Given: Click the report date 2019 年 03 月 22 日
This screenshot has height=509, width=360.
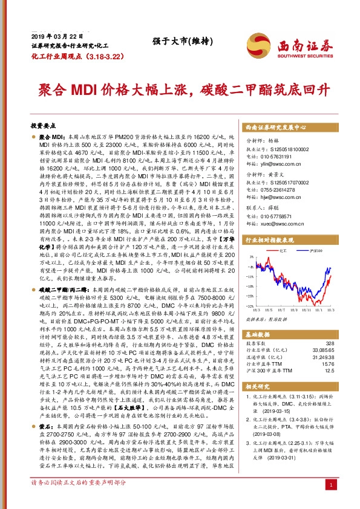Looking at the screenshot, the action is pyautogui.click(x=51, y=37).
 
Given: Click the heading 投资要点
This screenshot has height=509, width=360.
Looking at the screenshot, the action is pyautogui.click(x=43, y=125).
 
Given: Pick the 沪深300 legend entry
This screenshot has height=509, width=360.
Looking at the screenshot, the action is pyautogui.click(x=314, y=266).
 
